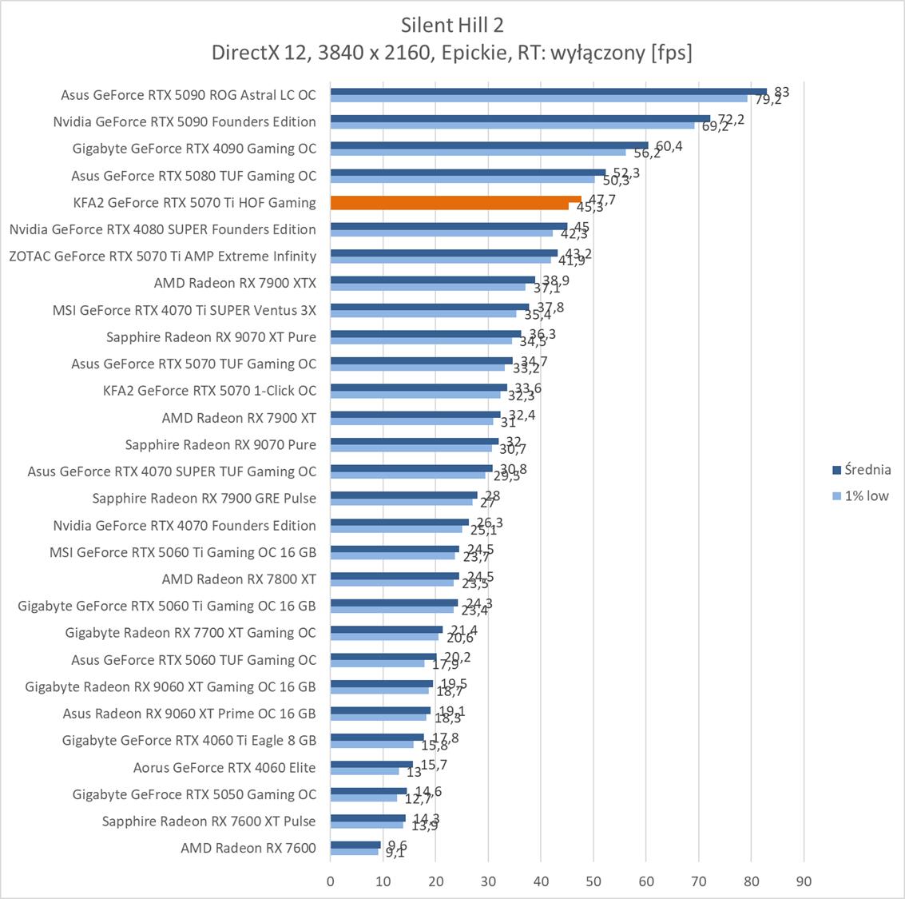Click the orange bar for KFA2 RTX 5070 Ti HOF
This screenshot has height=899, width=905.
[x=455, y=200]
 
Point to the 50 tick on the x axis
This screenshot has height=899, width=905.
[x=593, y=881]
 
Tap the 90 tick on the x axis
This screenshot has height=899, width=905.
[x=804, y=881]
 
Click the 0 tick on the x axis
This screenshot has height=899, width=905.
[x=331, y=881]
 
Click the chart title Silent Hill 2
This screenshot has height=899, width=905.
[x=452, y=25]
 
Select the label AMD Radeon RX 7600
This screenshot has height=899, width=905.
[x=248, y=848]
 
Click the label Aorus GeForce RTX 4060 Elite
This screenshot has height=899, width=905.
[x=224, y=767]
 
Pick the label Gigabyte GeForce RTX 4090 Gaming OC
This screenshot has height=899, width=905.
[x=194, y=149]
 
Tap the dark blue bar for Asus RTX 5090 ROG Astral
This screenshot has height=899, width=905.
[x=548, y=91]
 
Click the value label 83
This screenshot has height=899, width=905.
[x=781, y=92]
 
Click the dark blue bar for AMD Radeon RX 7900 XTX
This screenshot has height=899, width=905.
[x=432, y=280]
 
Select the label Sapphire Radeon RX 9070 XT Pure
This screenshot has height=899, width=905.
[x=211, y=337]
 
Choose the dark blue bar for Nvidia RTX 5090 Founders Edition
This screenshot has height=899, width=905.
[x=520, y=118]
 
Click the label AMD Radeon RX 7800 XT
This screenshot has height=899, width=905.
[x=239, y=579]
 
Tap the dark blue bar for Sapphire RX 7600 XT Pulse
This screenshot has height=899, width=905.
[x=368, y=817]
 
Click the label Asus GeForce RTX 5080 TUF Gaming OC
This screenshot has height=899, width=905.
[x=193, y=176]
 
